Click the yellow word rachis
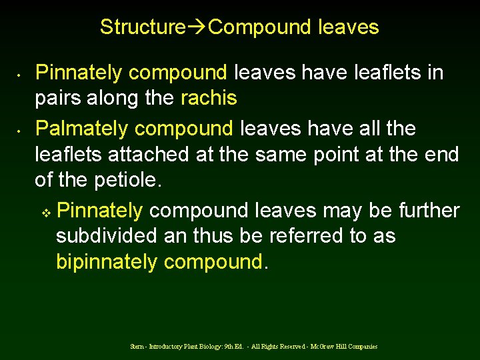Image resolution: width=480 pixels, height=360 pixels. [209, 99]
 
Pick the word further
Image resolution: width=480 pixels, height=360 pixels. [429, 211]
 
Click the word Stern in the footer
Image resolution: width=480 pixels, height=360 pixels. [138, 347]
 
